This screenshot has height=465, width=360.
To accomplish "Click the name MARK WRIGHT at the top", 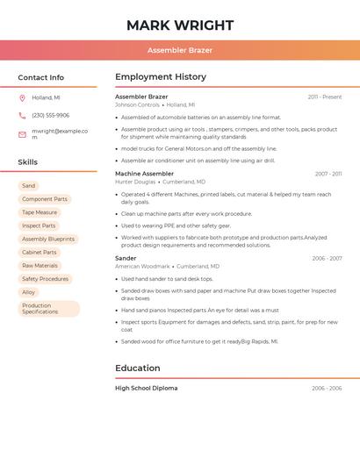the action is coord(180,25).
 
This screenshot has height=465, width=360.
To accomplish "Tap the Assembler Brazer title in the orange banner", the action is coord(180,50).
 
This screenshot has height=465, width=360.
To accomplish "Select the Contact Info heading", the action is coord(40,77).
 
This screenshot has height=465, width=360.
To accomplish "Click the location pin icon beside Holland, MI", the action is coord(22,97).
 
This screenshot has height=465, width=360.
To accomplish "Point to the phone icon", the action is coord(22,115).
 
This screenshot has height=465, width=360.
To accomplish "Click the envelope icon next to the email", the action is coord(22,134).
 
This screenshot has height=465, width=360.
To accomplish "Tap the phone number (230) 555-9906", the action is coord(50,115).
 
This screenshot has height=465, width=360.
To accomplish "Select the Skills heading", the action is coord(28,162).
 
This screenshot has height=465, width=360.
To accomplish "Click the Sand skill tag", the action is coord(29,186).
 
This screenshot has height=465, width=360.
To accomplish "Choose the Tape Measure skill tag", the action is coord(40,212).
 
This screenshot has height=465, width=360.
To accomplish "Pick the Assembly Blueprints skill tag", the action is coord(48,239).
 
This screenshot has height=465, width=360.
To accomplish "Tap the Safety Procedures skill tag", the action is coord(45,279).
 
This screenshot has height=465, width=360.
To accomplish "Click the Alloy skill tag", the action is coord(29,292).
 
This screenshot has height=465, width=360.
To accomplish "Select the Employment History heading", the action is coord(161,77).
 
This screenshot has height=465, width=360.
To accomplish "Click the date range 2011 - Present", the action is coord(325,97).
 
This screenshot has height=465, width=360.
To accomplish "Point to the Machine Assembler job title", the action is coord(145,174).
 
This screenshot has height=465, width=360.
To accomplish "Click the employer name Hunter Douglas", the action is coord(135,182).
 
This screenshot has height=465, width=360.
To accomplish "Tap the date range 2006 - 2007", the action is coord(327,258).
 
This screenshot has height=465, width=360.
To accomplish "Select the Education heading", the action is coord(138,368).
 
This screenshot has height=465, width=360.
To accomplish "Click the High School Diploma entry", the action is coord(146,388).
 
